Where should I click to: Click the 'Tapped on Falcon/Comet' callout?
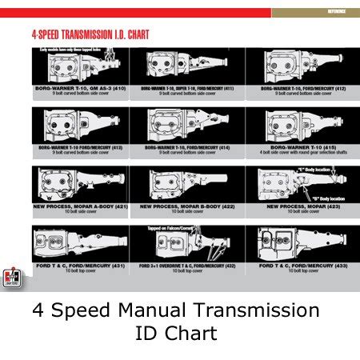point(172,229)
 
